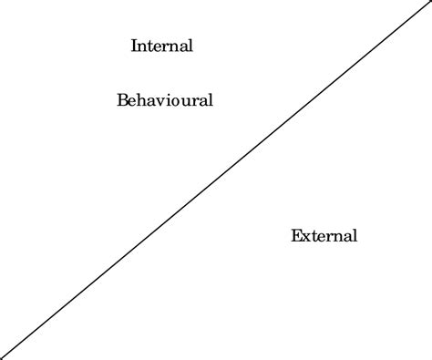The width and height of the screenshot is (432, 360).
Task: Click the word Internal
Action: point(162,46)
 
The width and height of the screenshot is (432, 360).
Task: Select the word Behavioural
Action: point(165,100)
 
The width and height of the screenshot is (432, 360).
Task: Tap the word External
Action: point(324,236)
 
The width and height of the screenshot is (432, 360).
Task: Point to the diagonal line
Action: point(216,180)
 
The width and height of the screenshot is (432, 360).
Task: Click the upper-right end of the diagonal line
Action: point(429,3)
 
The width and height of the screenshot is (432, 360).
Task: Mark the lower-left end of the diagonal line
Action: point(3,357)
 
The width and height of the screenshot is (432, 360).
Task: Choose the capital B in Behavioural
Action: point(123,100)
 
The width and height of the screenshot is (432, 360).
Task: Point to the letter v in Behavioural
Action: point(158,101)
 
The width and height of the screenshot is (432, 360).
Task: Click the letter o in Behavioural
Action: point(170,101)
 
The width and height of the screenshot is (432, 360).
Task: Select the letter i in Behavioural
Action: point(165,100)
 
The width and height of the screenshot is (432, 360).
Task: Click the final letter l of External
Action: point(355,236)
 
